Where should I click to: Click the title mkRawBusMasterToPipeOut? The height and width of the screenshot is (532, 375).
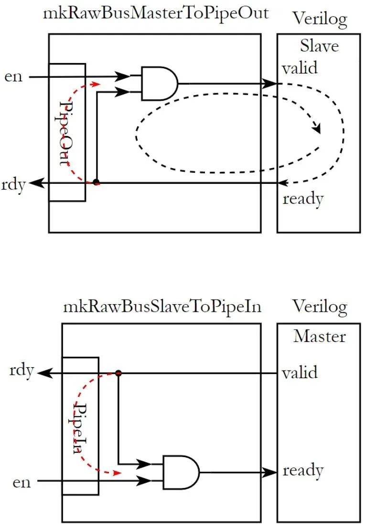[x=156, y=13]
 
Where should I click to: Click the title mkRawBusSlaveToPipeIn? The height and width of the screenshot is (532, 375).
[x=162, y=307]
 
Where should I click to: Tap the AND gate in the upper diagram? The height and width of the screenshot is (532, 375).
[x=160, y=84]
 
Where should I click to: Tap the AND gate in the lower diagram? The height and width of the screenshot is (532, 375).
[x=181, y=472]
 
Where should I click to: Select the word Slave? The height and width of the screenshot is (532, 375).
[x=319, y=46]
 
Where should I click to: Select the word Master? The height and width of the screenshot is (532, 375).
[x=319, y=336]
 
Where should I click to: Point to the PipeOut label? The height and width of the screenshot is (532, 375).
[x=64, y=133]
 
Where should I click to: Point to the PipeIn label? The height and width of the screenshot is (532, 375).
[x=79, y=428]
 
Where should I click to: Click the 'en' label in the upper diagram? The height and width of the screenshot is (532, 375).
[x=13, y=77]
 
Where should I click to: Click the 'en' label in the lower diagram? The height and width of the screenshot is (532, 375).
[x=21, y=482]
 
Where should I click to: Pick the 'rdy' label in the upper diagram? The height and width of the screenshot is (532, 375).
[x=13, y=185]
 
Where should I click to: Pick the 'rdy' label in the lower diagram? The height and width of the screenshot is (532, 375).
[x=21, y=371]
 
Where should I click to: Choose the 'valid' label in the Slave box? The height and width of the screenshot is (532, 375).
[x=300, y=67]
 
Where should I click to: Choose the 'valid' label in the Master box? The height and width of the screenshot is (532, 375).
[x=300, y=372]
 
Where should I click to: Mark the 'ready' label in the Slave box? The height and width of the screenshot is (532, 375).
[x=303, y=199]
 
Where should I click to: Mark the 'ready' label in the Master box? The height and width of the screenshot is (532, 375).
[x=303, y=470]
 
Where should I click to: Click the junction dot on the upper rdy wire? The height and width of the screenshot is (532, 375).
[x=96, y=182]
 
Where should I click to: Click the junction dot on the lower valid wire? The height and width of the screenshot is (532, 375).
[x=118, y=373]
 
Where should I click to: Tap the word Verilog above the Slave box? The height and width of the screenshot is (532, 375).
[x=320, y=19]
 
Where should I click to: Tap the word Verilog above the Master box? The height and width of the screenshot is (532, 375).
[x=320, y=308]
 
